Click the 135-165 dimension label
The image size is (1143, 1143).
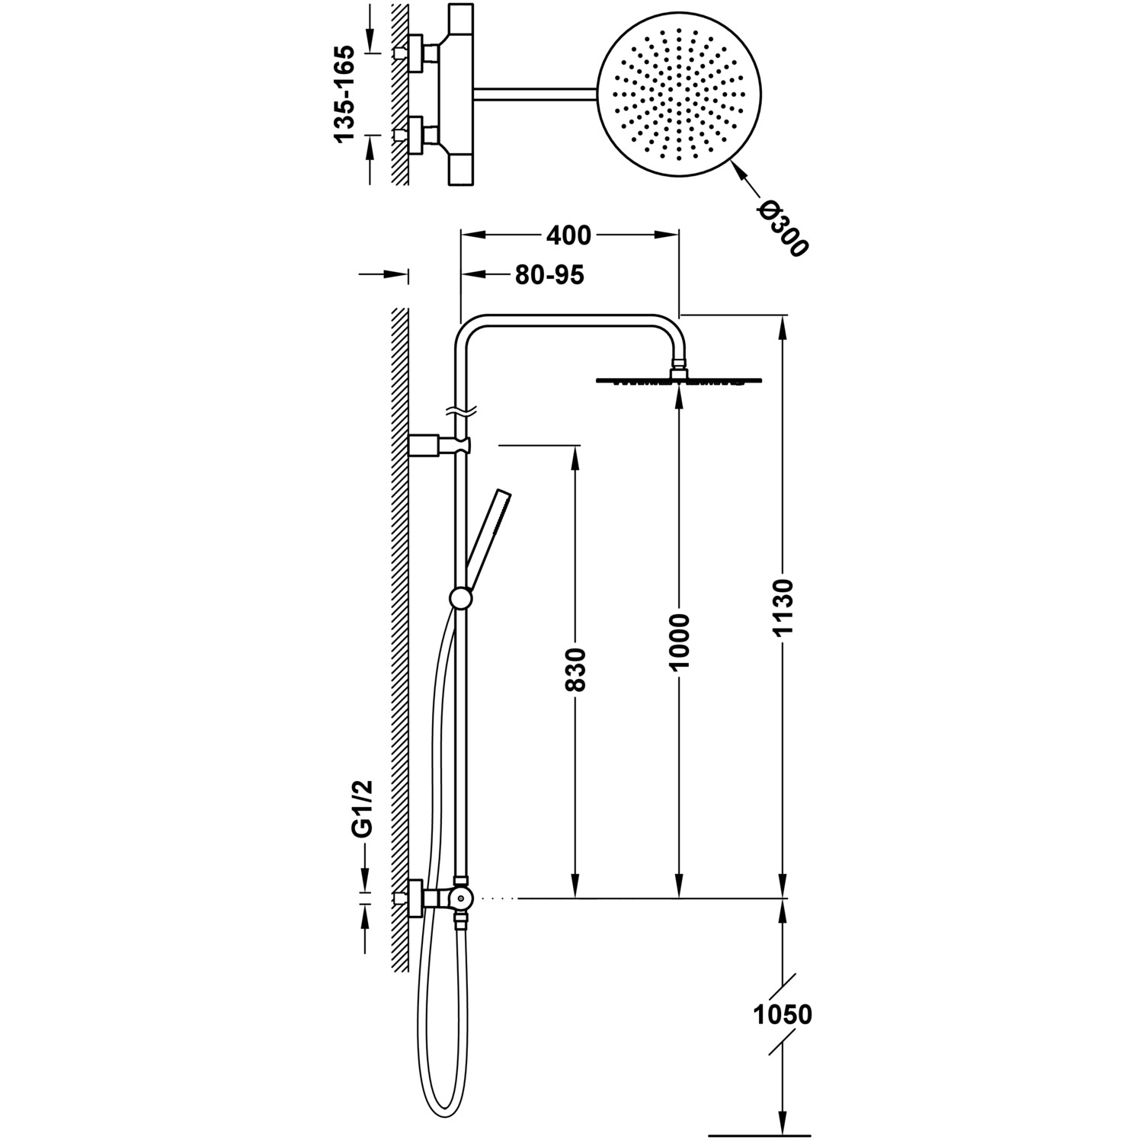344,94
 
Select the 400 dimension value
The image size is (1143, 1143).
568,235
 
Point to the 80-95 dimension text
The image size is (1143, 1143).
549,275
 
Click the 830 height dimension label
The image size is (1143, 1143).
577,669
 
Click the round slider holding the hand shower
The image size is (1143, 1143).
461,599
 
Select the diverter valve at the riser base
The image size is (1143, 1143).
460,899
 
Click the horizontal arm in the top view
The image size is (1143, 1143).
533,93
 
